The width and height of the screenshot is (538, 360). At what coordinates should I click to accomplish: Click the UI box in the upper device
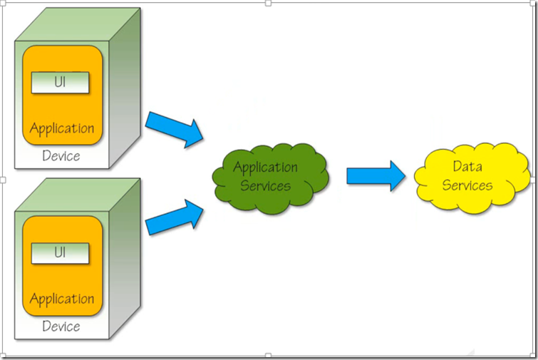click(61, 83)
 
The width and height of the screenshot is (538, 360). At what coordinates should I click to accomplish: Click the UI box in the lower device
click(61, 253)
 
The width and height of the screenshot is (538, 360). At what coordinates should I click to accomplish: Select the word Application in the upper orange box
click(62, 129)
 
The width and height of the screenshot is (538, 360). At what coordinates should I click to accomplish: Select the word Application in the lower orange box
click(62, 299)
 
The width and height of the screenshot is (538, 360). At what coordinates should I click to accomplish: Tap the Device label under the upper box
click(61, 156)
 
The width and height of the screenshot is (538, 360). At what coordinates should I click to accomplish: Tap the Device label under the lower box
click(61, 326)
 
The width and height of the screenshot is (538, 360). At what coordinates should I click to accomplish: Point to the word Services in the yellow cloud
click(467, 185)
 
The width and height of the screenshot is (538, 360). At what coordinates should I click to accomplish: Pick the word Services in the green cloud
click(265, 186)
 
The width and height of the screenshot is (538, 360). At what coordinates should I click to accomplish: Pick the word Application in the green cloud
click(266, 168)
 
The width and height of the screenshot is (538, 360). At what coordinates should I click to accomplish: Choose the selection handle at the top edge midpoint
click(269, 3)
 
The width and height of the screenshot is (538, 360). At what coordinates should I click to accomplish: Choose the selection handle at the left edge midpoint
click(3, 180)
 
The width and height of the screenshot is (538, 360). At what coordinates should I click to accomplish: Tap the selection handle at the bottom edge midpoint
click(269, 355)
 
